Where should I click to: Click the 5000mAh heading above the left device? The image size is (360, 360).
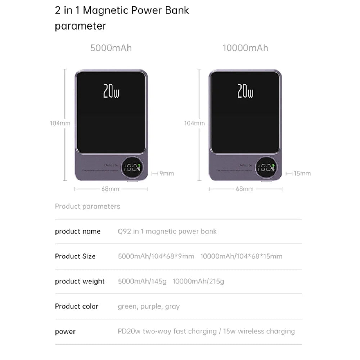[111, 48]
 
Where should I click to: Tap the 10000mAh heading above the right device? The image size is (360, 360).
[245, 48]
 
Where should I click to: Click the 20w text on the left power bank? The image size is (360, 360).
[111, 91]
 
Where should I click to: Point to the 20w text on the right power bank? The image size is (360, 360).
[245, 91]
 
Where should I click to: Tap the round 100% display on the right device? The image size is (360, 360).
[266, 167]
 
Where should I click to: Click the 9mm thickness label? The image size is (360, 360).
[167, 174]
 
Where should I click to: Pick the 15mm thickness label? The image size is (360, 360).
[302, 174]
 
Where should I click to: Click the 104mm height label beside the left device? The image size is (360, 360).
[60, 123]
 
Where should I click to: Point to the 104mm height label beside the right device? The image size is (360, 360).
[194, 123]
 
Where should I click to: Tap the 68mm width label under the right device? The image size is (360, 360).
[245, 189]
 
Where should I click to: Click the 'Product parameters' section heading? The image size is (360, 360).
[87, 206]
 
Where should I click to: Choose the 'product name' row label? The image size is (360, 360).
[78, 231]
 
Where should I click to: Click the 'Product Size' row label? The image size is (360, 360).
[75, 256]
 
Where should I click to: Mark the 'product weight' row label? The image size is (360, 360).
[80, 281]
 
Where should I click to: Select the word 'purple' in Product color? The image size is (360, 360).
[150, 306]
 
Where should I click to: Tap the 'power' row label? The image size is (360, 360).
[65, 331]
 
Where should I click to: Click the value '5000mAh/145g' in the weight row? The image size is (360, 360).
[142, 281]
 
